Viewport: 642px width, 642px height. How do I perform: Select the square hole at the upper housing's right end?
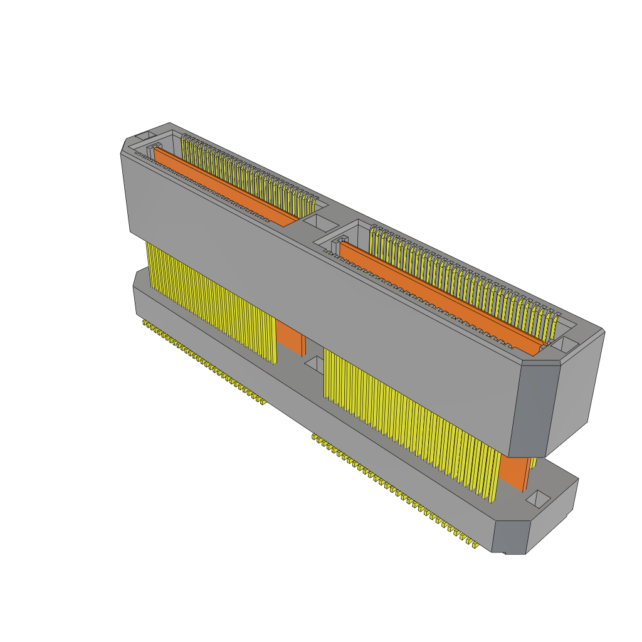(x=564, y=344)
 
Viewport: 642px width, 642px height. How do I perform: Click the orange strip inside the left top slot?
(x=226, y=186)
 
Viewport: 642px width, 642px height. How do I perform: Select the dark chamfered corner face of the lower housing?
(x=510, y=537)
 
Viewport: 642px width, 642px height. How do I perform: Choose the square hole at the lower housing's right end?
(x=537, y=499)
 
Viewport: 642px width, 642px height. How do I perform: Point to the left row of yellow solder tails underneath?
(x=204, y=362)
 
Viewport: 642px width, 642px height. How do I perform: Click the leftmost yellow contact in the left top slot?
(x=184, y=148)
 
